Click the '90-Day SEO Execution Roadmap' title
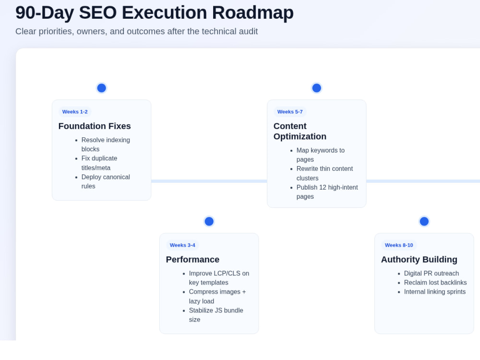(154, 13)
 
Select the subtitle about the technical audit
(136, 31)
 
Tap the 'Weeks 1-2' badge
(75, 112)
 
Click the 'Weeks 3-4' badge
(182, 245)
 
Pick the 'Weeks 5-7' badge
(290, 112)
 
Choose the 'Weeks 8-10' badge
(399, 245)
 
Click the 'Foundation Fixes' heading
(95, 126)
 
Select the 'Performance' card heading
(192, 260)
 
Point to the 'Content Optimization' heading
(300, 132)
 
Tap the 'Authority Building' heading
(419, 260)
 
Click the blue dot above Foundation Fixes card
(102, 88)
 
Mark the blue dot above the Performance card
(209, 221)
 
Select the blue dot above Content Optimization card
(316, 88)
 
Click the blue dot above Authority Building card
(424, 221)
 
